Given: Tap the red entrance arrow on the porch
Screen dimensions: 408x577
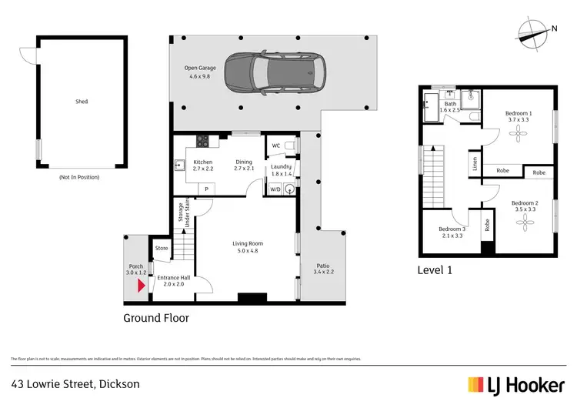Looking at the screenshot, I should (140, 286).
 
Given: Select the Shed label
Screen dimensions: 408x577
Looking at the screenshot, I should (82, 101).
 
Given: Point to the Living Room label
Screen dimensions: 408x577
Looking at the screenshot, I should (248, 244).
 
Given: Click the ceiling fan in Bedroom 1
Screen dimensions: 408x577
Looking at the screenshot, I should (520, 132).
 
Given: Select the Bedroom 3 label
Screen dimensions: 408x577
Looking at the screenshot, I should (452, 229).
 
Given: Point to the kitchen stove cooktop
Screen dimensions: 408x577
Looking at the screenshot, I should (204, 141).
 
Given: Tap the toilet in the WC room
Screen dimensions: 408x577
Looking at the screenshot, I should (289, 145).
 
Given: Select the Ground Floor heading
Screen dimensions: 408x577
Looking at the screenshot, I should (156, 317).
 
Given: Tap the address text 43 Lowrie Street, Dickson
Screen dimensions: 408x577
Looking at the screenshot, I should (75, 383).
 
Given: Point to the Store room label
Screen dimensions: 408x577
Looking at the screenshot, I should (161, 248).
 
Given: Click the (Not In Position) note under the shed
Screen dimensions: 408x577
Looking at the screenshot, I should (81, 177).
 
